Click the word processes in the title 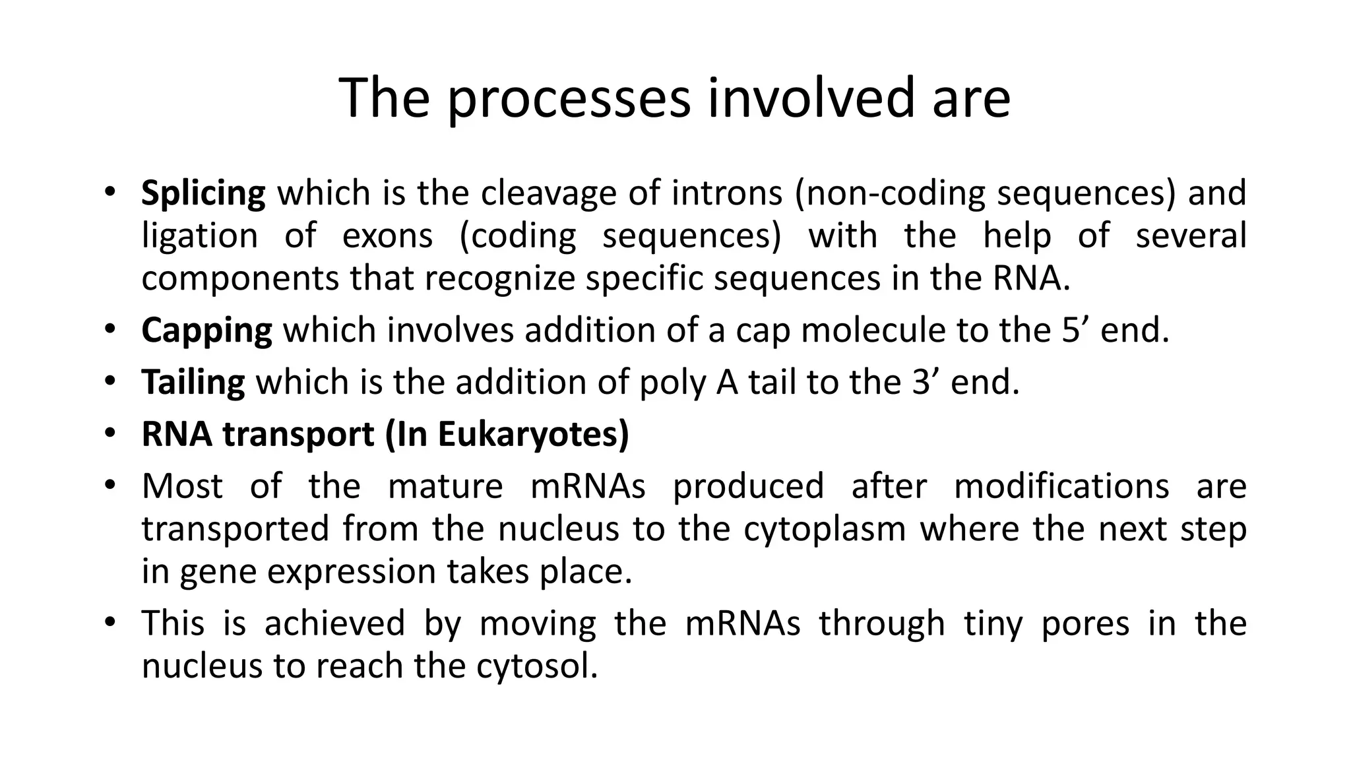click(x=569, y=99)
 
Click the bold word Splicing click(x=203, y=193)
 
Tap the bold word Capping click(x=206, y=331)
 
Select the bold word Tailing click(x=193, y=383)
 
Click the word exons click(x=387, y=236)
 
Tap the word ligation click(x=199, y=237)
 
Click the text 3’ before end click(x=926, y=383)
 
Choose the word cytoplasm click(x=825, y=530)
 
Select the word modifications click(x=1061, y=486)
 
